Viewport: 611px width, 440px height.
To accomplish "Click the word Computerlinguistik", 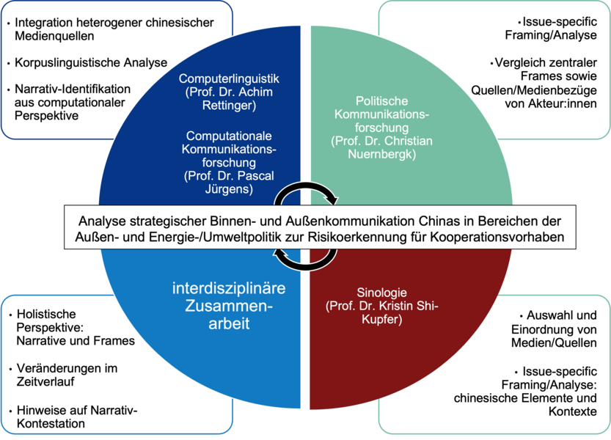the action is tap(229, 78).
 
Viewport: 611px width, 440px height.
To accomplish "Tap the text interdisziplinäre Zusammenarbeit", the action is tap(229, 306).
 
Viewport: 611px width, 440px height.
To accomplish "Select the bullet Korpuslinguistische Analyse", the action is tap(91, 62).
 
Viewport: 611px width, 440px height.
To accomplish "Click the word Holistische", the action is tap(46, 314).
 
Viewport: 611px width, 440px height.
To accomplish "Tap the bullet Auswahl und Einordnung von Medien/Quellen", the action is tap(554, 329).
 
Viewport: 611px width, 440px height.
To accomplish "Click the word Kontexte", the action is tap(572, 411).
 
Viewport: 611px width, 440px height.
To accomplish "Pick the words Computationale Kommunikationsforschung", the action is tap(229, 149).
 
